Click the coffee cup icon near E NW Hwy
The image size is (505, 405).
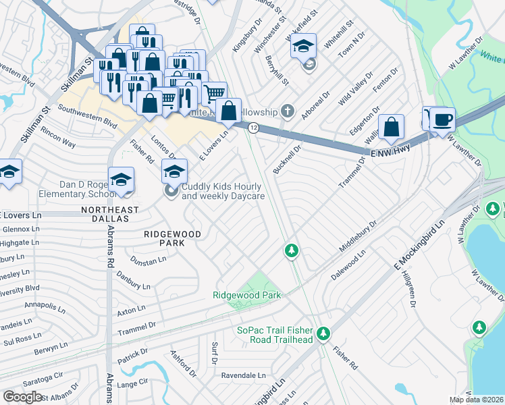point(442,119)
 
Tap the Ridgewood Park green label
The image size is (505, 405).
point(246,295)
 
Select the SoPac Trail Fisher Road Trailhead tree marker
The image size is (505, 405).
point(324,333)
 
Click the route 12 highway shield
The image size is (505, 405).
point(253,127)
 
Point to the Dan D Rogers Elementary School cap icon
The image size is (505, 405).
point(122,179)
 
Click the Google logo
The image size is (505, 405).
point(22,397)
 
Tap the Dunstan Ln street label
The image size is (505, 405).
point(149,261)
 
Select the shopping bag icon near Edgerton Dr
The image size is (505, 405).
point(392,126)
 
